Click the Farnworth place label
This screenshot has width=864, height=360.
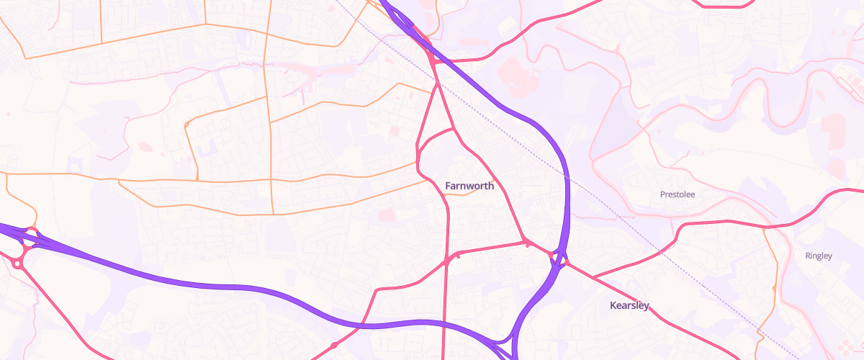pos(469,186)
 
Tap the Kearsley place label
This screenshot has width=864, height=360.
pos(629,305)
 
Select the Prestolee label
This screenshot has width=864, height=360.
pos(678,194)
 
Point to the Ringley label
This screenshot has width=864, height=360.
pos(818,256)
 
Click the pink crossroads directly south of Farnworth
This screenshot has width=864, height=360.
pos(447,261)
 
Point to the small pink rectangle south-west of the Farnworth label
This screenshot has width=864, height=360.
pos(387,215)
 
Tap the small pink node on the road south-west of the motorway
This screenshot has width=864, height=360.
pos(333,345)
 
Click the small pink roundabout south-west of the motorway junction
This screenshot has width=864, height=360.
pos(16,264)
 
